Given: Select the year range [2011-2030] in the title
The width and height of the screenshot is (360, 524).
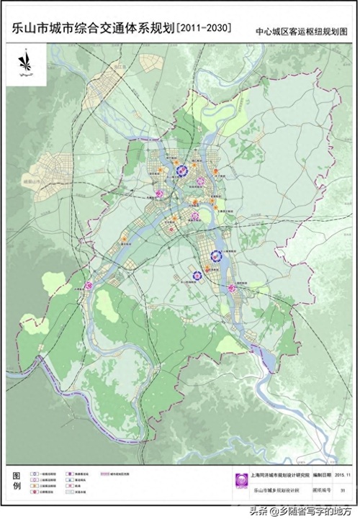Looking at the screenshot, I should pos(205,30).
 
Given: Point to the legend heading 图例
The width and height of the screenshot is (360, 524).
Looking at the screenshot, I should pos(17,481).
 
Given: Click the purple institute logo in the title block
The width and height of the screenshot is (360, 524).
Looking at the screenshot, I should pos(242,481).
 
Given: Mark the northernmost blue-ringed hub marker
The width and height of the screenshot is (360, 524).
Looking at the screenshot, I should pos(182,171).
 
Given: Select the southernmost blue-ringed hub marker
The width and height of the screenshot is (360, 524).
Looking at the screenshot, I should pos(197,274).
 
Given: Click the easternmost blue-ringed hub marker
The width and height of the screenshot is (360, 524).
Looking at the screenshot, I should pos(215,256).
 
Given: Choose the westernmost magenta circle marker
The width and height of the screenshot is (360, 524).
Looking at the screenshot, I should pos(89,286).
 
